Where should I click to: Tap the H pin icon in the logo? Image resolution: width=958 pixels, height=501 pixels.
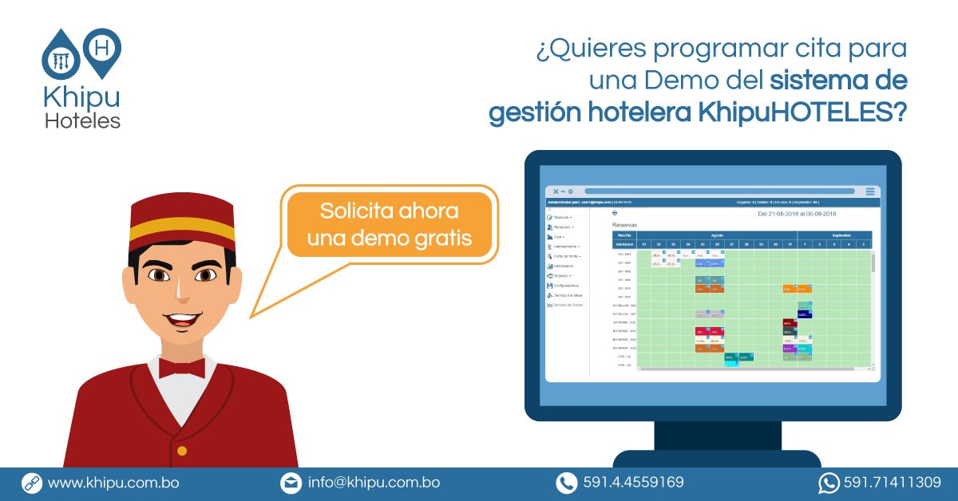pos(102,48)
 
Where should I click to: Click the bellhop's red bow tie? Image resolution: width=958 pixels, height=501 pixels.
pos(181,367)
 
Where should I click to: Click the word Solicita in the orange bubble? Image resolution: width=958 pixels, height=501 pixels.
pos(355,212)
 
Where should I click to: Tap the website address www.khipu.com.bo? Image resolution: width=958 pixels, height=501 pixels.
pos(113,483)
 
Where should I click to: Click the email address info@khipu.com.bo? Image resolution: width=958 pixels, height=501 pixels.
pos(374,483)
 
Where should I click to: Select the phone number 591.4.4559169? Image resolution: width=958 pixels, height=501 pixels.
pos(633,483)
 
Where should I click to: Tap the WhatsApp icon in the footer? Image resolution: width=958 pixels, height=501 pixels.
pos(828,483)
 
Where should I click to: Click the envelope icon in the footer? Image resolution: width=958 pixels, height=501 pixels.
pos(290,483)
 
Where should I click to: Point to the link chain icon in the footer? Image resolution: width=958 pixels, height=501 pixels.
pos(31,483)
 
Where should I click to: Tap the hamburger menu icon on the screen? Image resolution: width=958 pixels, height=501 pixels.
pos(870,191)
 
